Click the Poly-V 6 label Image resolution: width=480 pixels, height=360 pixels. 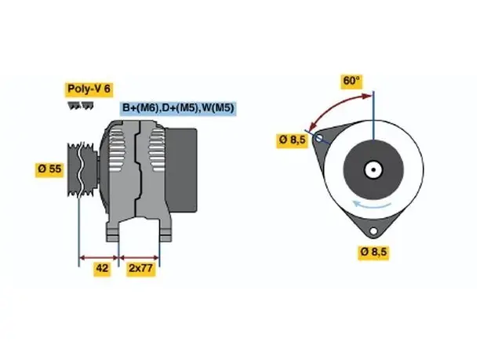pos(89,89)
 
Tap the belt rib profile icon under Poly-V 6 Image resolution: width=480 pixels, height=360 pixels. pos(81,106)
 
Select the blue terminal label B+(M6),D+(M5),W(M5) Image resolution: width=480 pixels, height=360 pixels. pos(178,107)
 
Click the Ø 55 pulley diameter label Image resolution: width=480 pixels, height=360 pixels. pos(49,169)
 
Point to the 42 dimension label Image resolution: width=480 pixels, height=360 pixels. pos(102,268)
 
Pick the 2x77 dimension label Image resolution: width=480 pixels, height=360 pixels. pos(141,268)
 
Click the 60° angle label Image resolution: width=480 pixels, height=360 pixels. pos(351,81)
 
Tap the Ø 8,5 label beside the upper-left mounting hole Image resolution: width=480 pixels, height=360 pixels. pos(293,140)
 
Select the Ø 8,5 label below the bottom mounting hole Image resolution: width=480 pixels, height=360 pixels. pos(373,253)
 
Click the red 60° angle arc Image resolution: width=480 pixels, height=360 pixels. pos(335,106)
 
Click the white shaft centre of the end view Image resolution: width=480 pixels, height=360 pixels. pos(373,169)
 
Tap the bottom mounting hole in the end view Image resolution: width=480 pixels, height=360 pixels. pos(373,231)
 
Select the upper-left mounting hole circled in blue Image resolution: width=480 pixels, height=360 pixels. pos(318,138)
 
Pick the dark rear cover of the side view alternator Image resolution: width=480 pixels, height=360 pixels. pos(182,170)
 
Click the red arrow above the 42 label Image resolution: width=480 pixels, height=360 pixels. pos(99,257)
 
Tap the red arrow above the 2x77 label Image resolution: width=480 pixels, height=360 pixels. pos(139,257)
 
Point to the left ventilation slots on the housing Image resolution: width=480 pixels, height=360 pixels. pos(117,150)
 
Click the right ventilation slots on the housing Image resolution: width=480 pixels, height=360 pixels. pos(157,150)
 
